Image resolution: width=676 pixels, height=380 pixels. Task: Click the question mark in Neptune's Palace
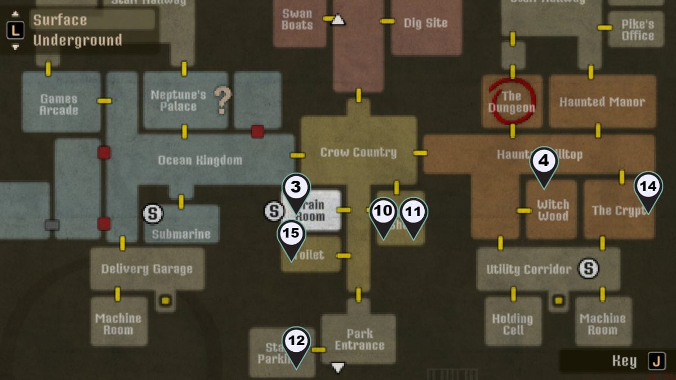click(x=223, y=100)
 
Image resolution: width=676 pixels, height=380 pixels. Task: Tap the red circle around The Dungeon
click(x=512, y=101)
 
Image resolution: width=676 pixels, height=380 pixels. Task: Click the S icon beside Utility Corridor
click(x=589, y=269)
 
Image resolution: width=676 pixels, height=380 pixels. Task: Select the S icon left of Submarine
click(x=153, y=213)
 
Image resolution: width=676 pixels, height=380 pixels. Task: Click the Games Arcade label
click(x=59, y=104)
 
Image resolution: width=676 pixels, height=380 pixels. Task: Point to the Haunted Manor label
click(x=602, y=102)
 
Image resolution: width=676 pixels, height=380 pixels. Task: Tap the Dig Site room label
click(x=425, y=23)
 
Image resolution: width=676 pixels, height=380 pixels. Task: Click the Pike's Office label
click(x=638, y=29)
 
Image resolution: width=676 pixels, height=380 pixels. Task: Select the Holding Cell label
click(x=513, y=324)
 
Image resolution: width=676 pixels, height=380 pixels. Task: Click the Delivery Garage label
click(x=146, y=269)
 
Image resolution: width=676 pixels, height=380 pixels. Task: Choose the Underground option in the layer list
click(x=77, y=41)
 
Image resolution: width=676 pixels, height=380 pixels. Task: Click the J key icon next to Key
click(x=656, y=361)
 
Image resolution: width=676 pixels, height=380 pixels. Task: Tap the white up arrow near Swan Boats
click(x=337, y=20)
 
